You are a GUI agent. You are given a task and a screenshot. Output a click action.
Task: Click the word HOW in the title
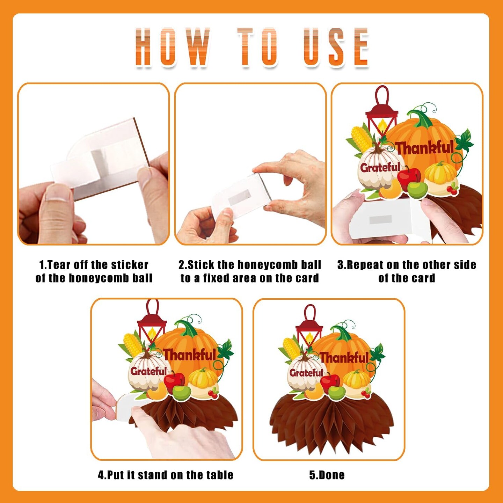pos(173,46)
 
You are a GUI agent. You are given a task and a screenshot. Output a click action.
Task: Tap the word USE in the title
pos(336,46)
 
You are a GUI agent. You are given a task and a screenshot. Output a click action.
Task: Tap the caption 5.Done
pos(327,475)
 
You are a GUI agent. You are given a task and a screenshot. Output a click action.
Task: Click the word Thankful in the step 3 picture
pos(425,148)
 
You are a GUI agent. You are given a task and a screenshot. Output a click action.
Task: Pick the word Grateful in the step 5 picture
pos(306,373)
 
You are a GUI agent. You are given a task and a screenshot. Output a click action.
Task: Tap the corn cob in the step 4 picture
pos(132,345)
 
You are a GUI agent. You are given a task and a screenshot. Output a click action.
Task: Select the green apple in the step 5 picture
pos(337,393)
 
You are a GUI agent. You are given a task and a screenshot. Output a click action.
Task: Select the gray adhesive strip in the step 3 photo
pos(381,219)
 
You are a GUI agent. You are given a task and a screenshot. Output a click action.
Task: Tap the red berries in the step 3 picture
pos(452,190)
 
